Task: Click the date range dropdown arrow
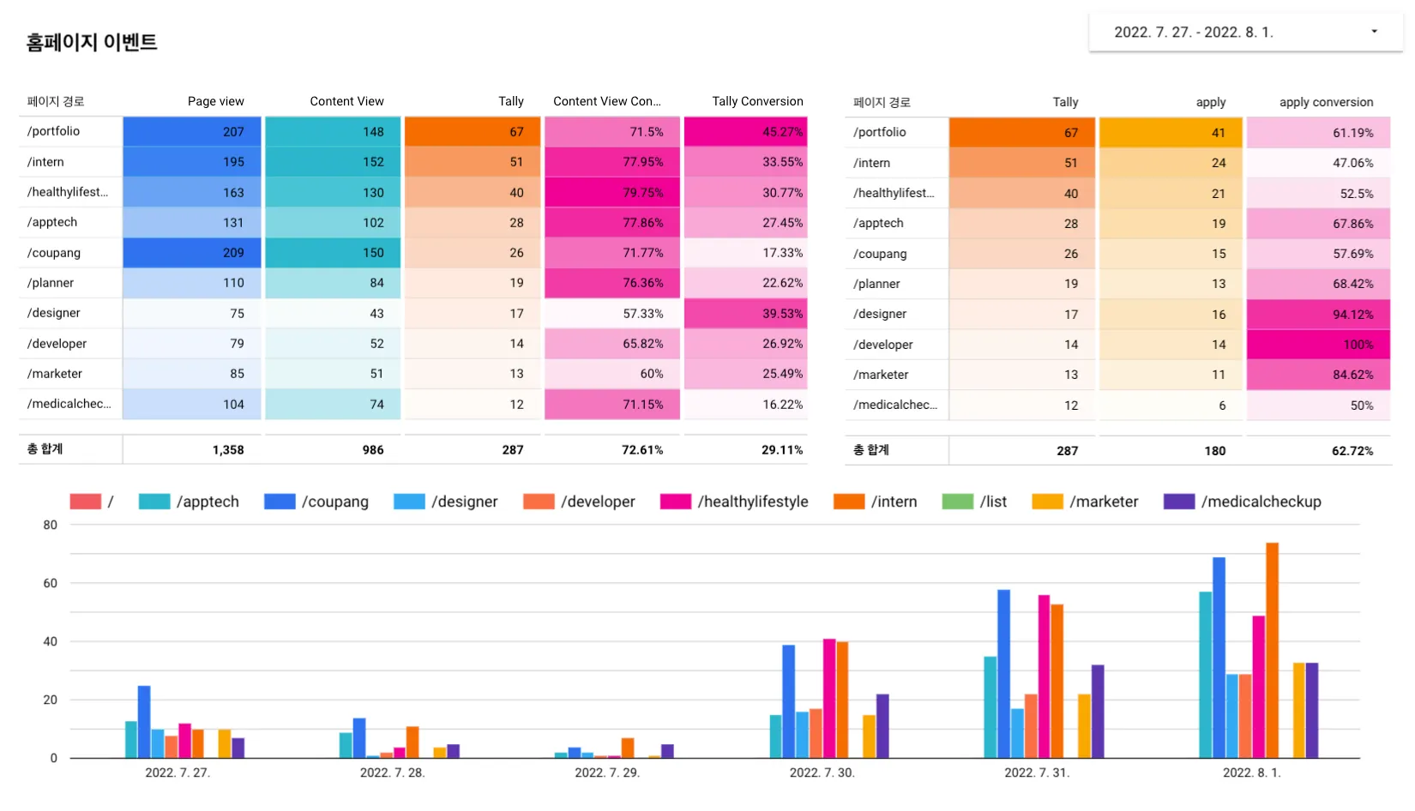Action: [1374, 32]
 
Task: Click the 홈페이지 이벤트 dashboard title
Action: [92, 42]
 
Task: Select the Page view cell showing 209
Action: [192, 253]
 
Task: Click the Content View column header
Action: [346, 101]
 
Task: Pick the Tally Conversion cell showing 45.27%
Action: [746, 132]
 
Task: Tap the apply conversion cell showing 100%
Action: [1318, 345]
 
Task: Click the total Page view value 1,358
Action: [228, 449]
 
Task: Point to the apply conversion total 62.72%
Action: [1352, 451]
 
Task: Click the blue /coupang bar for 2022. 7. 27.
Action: [144, 722]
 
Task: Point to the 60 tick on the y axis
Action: [51, 583]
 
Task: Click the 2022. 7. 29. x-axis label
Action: [607, 772]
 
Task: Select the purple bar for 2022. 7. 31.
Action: [1098, 712]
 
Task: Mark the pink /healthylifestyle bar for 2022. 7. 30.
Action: [829, 698]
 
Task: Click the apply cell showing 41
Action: [1171, 133]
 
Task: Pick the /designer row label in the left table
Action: [54, 313]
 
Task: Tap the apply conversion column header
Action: [1326, 102]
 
